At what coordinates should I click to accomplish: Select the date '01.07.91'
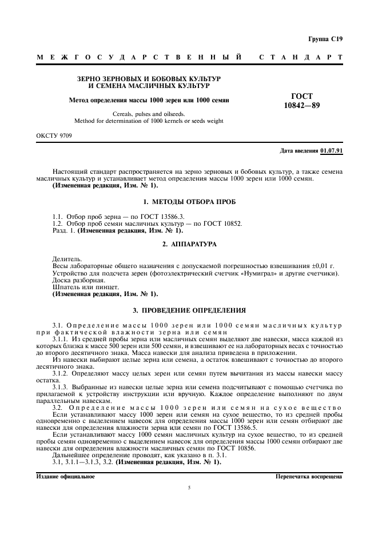point(332,150)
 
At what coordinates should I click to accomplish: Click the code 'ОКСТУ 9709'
point(54,135)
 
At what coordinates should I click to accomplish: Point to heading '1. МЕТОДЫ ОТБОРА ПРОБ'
point(189,202)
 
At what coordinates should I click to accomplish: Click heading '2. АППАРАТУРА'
point(189,244)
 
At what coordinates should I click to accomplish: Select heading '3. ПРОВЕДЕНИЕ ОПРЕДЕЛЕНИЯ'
point(189,310)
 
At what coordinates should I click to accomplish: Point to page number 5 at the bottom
point(189,488)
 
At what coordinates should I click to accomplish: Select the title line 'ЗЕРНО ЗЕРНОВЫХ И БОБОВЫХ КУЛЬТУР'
point(149,78)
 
